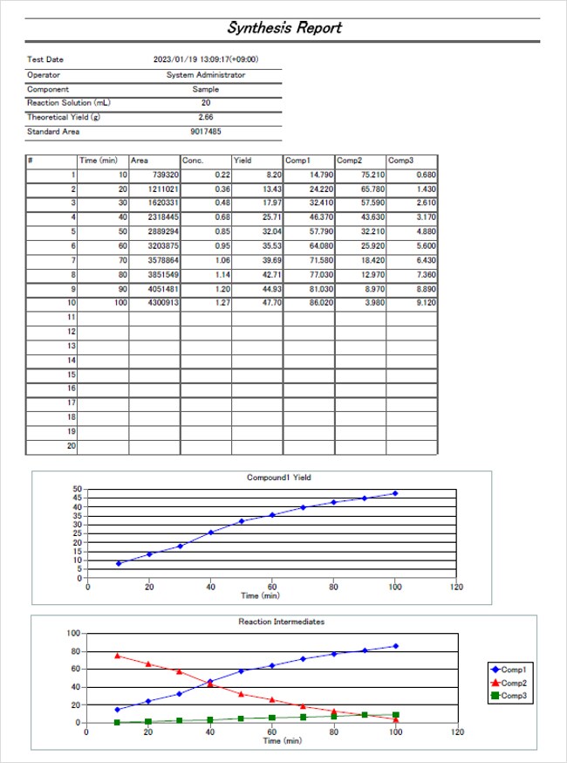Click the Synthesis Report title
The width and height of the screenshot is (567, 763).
coord(283,27)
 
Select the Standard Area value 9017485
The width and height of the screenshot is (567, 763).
coord(206,131)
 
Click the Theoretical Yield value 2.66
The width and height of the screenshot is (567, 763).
coord(206,117)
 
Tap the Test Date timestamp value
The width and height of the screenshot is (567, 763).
coord(206,59)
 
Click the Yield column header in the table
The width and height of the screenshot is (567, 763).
coord(243,161)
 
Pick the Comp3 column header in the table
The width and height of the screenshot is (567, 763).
coord(400,161)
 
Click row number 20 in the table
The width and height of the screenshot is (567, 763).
coord(71,445)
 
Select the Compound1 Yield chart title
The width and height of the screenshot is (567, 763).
coord(279,478)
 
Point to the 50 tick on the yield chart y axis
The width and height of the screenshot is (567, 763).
coord(78,490)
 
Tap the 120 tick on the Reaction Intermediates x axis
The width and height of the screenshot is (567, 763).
coord(455,732)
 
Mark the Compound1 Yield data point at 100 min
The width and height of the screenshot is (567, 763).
coord(395,493)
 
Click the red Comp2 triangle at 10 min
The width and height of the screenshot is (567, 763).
coord(118,656)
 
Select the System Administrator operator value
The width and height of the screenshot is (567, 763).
coord(206,75)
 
